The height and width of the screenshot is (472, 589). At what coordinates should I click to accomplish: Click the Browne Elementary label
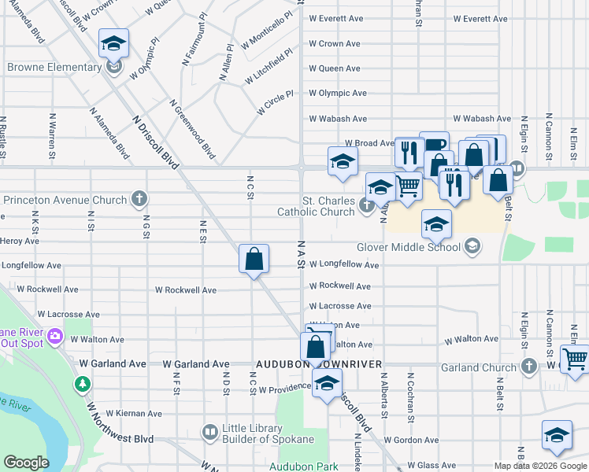pyautogui.click(x=54, y=68)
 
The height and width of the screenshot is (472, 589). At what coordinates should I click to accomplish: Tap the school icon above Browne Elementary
pyautogui.click(x=114, y=44)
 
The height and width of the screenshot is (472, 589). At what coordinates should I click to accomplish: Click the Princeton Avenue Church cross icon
pyautogui.click(x=139, y=198)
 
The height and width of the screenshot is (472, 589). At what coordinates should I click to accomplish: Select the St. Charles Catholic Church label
pyautogui.click(x=316, y=206)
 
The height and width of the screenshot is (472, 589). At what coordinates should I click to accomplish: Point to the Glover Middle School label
pyautogui.click(x=408, y=247)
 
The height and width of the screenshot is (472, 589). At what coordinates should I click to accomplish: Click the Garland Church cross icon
pyautogui.click(x=529, y=366)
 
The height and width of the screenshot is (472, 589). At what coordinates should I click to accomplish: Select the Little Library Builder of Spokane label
pyautogui.click(x=268, y=433)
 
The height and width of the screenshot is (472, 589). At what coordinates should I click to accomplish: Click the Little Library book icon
pyautogui.click(x=209, y=432)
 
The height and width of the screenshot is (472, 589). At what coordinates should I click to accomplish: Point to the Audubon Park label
pyautogui.click(x=303, y=466)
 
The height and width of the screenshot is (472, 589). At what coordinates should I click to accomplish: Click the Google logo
pyautogui.click(x=26, y=463)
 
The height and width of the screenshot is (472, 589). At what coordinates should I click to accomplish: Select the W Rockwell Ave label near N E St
pyautogui.click(x=187, y=290)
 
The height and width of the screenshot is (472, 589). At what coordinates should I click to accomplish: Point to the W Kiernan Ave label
pyautogui.click(x=133, y=413)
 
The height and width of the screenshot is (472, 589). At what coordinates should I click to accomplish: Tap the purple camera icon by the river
pyautogui.click(x=54, y=337)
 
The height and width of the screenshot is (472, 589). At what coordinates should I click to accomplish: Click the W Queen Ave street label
pyautogui.click(x=335, y=68)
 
